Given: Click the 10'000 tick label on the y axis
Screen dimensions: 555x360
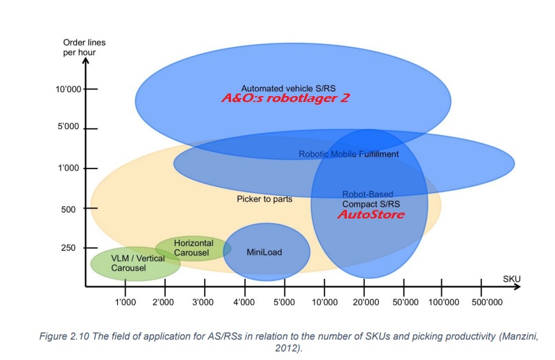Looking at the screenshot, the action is [68, 90].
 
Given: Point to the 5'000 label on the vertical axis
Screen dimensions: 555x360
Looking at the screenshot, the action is [68, 126].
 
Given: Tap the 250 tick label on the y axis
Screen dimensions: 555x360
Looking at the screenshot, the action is [68, 247].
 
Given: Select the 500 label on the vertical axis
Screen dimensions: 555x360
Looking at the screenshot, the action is [68, 209].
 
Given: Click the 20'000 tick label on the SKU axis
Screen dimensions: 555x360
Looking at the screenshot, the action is [365, 302].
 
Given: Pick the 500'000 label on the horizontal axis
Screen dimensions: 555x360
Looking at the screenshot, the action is [487, 302].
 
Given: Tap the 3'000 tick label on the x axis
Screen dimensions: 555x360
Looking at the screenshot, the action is [203, 302].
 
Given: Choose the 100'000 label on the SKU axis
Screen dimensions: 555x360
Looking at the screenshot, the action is [444, 302].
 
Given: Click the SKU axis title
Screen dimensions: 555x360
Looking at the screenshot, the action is [512, 279].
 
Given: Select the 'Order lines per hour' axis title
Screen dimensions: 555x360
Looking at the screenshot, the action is [84, 47].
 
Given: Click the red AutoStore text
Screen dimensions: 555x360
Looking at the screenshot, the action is [371, 215].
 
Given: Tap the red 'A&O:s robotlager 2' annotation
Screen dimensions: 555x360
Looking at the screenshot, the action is [285, 98].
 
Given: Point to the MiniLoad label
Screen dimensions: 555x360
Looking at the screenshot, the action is [265, 252].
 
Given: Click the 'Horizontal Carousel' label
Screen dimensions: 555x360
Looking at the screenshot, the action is [194, 247].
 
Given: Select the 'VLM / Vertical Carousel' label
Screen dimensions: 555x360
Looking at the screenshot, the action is [138, 263].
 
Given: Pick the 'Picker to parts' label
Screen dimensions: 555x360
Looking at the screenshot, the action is [265, 199].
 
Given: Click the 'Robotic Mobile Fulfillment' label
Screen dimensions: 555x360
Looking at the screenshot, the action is [349, 154].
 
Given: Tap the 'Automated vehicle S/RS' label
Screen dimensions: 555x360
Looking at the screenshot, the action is [288, 88].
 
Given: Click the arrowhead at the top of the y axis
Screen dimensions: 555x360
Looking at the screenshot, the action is [86, 61].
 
